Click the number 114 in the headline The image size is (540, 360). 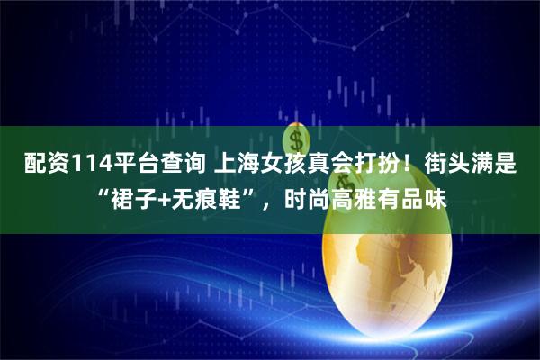pos(78,165)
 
